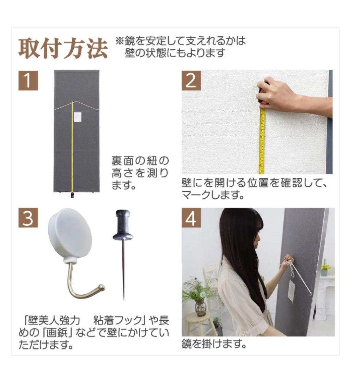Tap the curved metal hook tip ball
coord(101,287)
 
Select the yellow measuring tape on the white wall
coord(262,140)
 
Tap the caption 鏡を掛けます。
coord(214,344)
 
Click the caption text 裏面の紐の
coord(141,160)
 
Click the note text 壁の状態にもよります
coord(175,53)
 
